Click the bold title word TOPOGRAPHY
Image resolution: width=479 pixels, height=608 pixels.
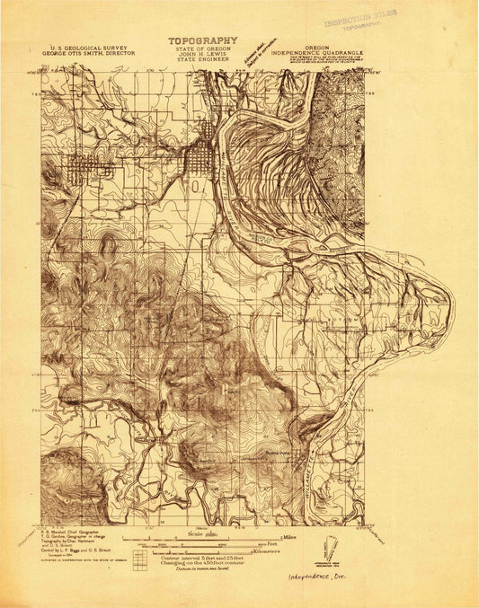(x=201, y=40)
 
